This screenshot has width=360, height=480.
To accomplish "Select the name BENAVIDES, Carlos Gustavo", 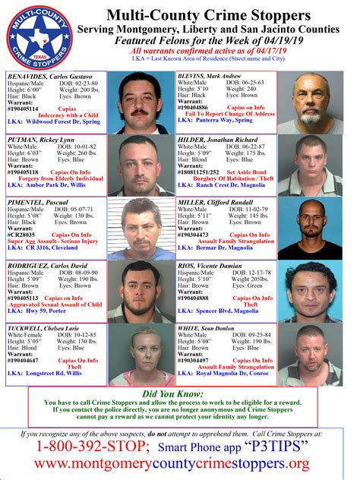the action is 50,76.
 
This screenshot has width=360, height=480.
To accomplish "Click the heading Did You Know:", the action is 180,394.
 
